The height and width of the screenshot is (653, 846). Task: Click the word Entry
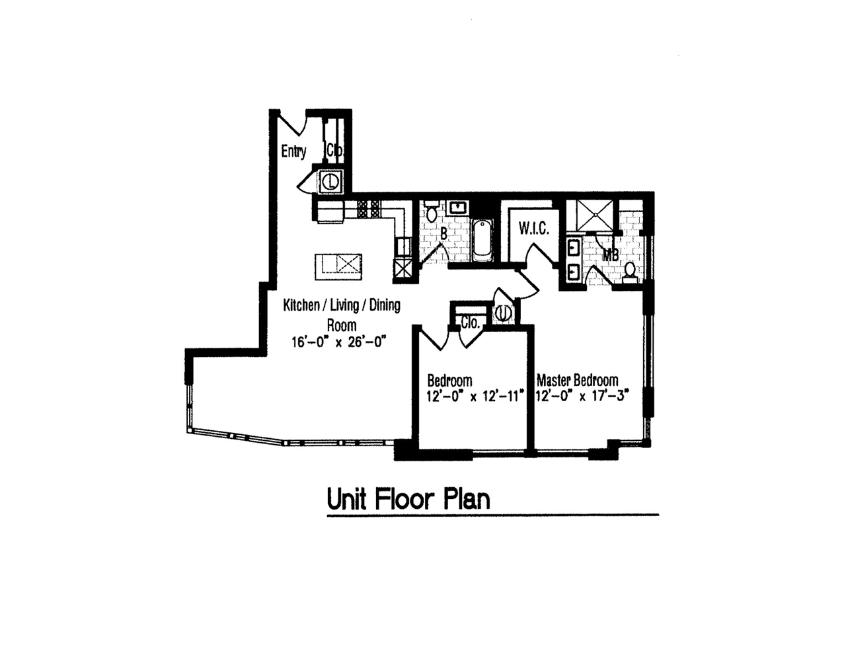click(x=293, y=151)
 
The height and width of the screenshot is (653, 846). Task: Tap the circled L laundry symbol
click(x=331, y=181)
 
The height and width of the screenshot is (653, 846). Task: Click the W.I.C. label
click(x=534, y=229)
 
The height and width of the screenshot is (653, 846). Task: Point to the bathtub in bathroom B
click(x=482, y=240)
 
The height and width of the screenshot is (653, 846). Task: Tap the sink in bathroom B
click(x=458, y=208)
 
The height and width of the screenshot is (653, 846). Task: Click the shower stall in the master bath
click(x=595, y=215)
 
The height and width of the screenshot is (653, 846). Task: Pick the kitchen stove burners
click(x=368, y=210)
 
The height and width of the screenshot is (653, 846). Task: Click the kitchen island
click(x=338, y=267)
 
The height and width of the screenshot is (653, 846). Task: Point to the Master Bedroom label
click(x=578, y=380)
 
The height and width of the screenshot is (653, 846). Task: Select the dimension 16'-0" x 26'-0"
click(x=338, y=342)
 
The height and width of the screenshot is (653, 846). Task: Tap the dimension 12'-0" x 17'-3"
click(x=582, y=396)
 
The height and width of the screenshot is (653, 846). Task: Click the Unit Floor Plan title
click(x=408, y=500)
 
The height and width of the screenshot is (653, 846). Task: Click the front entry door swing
click(x=293, y=124)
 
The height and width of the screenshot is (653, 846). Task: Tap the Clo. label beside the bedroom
click(x=470, y=323)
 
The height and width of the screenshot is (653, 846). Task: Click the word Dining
click(x=385, y=305)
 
